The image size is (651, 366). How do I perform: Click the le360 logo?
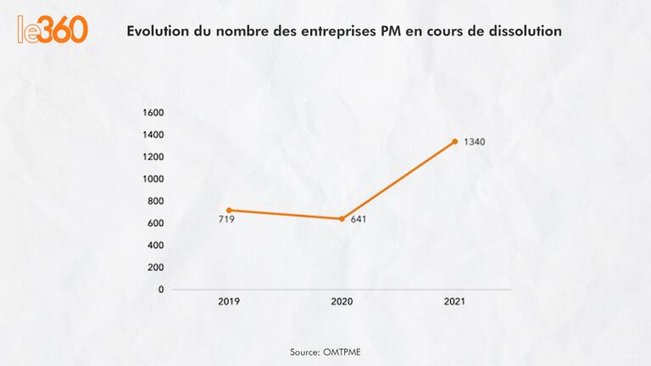click(53, 30)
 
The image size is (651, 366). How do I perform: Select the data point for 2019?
click(229, 210)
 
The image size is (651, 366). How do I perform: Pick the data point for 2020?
click(342, 219)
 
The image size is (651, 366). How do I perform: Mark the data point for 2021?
click(454, 141)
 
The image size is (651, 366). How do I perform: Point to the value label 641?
click(358, 219)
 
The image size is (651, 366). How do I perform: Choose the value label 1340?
click(474, 141)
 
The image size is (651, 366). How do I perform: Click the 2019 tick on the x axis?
click(229, 302)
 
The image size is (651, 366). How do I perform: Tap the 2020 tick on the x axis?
click(342, 302)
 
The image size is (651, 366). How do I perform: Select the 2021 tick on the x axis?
click(454, 302)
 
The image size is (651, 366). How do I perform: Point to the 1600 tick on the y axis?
click(153, 113)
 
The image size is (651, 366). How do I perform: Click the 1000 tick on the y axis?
click(153, 179)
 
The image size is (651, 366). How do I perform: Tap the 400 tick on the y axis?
click(155, 245)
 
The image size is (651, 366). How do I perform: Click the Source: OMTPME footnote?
click(325, 350)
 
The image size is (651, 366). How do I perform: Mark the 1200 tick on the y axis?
click(153, 157)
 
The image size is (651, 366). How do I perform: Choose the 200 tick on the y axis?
click(155, 267)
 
